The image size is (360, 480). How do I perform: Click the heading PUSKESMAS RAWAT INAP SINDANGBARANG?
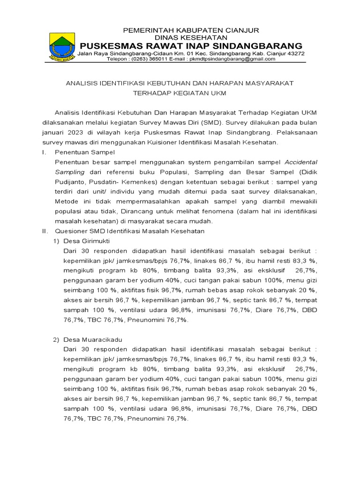coord(191,45)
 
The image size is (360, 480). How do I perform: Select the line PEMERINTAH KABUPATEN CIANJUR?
coord(191,30)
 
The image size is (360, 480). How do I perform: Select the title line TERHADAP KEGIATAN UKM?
coord(180,93)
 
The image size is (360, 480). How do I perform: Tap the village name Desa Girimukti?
coord(86,241)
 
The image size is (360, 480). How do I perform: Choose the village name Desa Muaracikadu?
coord(92,339)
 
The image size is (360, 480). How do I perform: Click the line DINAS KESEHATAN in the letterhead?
coord(191,37)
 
